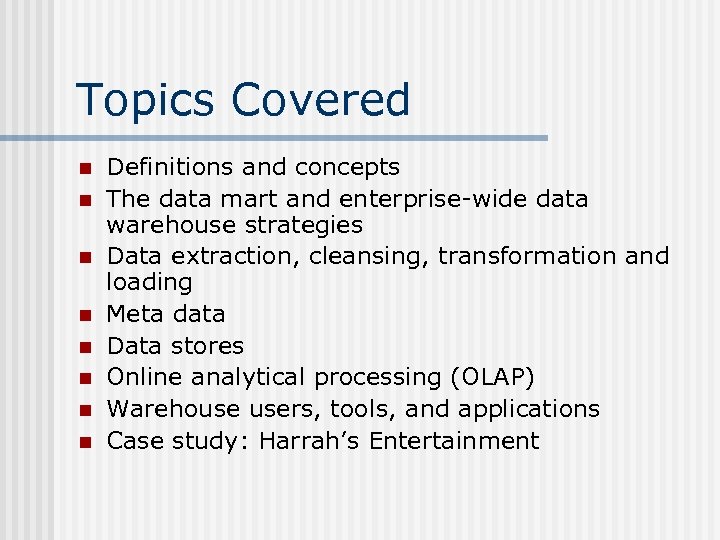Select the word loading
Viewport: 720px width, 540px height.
tap(149, 282)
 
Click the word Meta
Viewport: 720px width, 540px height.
tap(135, 314)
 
